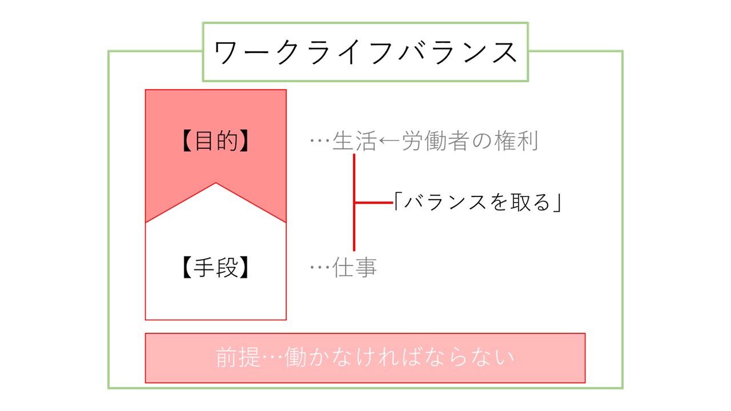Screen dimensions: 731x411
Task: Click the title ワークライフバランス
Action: (365, 52)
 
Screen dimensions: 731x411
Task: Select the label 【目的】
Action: (216, 140)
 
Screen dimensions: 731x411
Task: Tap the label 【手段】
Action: (216, 267)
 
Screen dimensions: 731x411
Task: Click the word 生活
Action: (355, 141)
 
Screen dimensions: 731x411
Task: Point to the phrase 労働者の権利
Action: (470, 141)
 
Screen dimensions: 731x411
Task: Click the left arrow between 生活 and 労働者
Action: (389, 141)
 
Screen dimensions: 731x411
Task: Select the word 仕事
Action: (355, 267)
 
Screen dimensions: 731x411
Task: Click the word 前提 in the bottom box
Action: (238, 357)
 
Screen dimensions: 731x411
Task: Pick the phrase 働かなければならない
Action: (399, 357)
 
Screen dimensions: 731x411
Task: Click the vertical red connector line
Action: (354, 202)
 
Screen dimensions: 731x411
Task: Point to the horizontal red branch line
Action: (374, 203)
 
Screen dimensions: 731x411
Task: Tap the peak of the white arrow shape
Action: (216, 183)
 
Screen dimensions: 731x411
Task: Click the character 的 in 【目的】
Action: (227, 140)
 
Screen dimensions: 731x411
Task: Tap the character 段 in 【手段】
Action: (227, 267)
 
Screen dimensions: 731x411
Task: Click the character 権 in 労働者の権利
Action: (505, 141)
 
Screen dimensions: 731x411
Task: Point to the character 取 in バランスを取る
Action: (521, 202)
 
